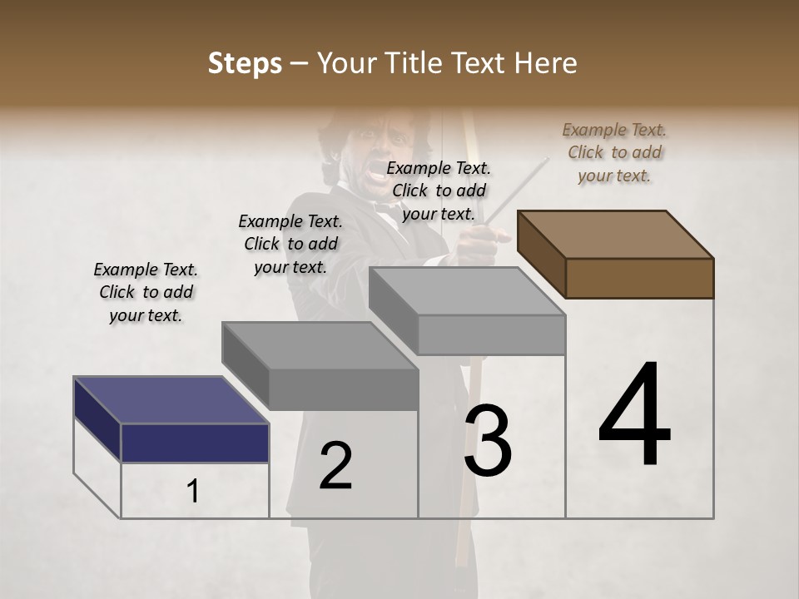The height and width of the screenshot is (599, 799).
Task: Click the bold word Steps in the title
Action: click(x=245, y=63)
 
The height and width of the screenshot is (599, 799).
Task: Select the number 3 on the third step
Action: click(x=488, y=441)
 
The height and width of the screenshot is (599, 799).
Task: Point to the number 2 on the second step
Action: click(x=335, y=466)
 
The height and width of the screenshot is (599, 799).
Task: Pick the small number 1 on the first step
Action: click(x=193, y=492)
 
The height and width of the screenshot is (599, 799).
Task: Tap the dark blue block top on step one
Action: click(x=171, y=399)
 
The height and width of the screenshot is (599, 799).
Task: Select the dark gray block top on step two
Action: click(x=319, y=345)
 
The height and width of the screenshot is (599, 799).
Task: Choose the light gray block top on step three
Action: click(x=467, y=291)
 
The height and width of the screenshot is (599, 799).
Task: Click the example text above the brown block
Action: click(x=614, y=152)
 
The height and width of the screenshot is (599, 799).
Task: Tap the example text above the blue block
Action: click(x=146, y=292)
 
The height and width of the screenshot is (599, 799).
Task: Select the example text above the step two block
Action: click(x=290, y=244)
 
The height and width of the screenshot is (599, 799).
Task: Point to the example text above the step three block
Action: click(x=439, y=191)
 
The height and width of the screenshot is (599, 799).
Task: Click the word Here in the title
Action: click(x=544, y=63)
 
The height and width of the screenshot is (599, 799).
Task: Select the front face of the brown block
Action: click(x=639, y=278)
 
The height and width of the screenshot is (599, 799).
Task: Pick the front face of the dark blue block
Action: click(x=195, y=443)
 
